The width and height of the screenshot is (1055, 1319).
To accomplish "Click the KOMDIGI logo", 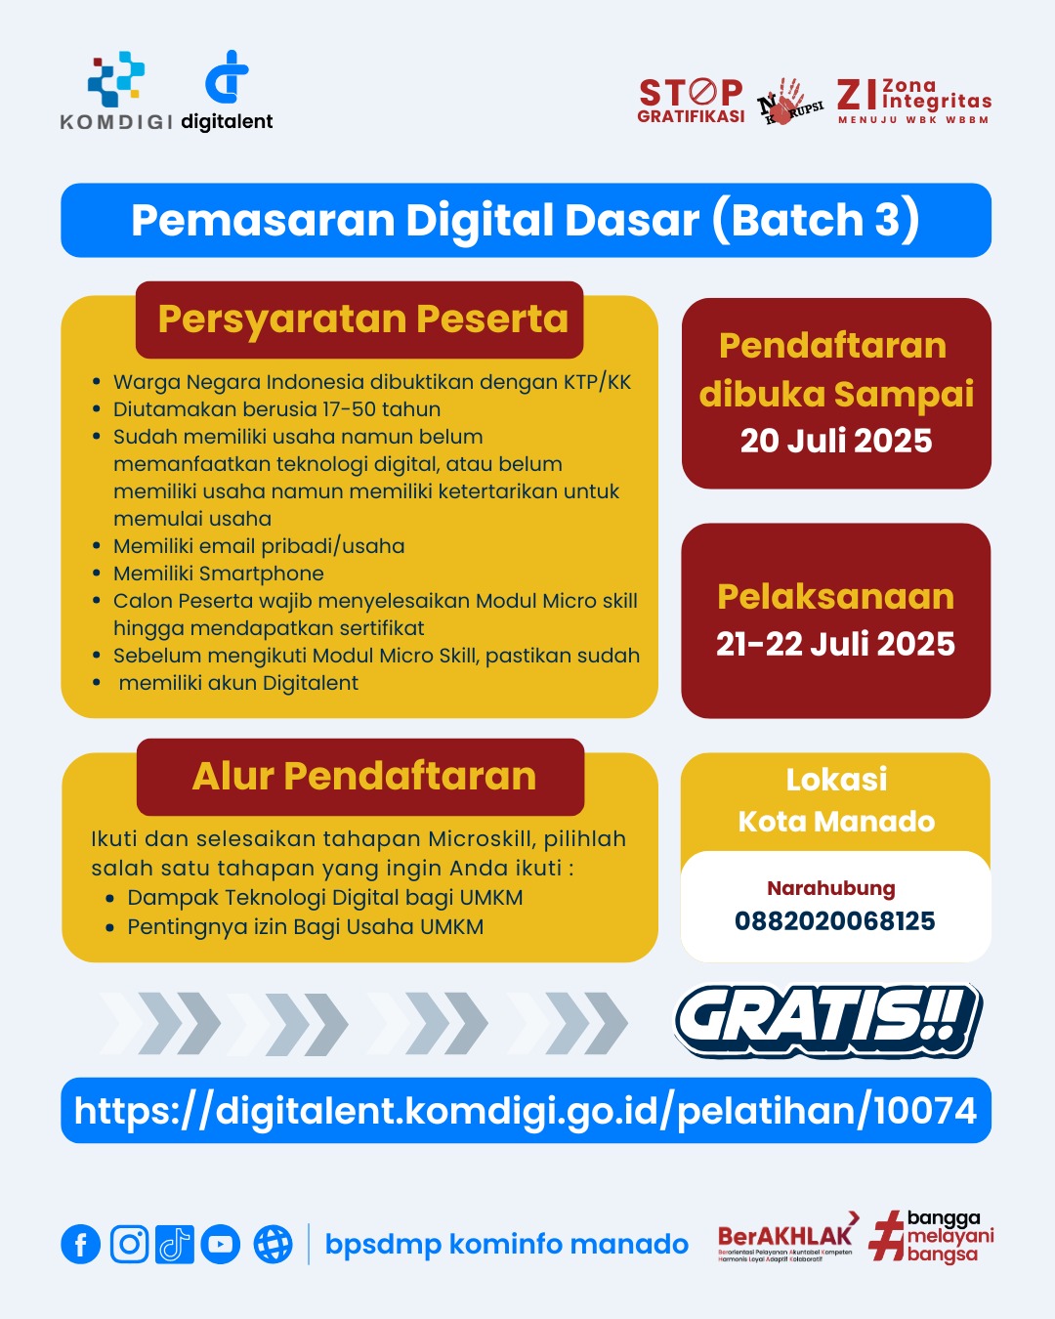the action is coord(116,91).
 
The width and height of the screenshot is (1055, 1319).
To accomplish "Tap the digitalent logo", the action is coord(227,91).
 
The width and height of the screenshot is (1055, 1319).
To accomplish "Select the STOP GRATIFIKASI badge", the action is coord(691,102).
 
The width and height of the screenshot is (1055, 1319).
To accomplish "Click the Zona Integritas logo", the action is coord(914,102).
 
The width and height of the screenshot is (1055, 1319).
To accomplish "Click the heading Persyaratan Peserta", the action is coord(363,319).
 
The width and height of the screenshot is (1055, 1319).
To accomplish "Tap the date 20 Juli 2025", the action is coord(836,441).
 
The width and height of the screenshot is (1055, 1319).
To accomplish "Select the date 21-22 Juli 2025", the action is coord(835,644).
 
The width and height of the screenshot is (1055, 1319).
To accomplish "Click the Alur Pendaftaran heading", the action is coord(364,776).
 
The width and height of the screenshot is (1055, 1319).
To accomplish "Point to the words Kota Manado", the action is coord(836,822).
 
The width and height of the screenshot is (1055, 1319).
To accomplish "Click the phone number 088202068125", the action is coord(835,920).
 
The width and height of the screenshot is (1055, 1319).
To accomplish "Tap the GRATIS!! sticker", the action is coord(828,1021).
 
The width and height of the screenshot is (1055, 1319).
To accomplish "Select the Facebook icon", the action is coord(80,1244).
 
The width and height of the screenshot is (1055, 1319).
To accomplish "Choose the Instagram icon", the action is coord(129,1244).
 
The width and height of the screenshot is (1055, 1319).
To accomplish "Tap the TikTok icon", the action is coord(175,1244).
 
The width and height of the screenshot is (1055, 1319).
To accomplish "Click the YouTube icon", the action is coord(220,1244).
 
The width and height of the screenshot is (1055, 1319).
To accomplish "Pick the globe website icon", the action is coord(273,1244).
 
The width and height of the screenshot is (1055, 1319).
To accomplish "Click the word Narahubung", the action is coord(831,888).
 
